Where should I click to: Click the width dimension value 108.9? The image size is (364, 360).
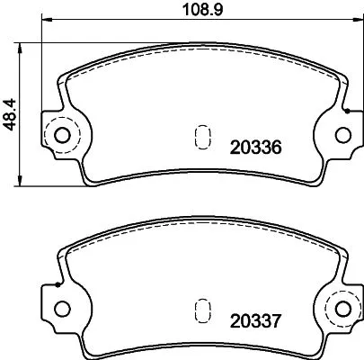coord(194,12)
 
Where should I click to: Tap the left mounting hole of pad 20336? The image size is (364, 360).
coord(62,137)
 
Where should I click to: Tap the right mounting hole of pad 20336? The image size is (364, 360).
coord(342,137)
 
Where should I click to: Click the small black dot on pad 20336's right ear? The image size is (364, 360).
coord(348,113)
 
